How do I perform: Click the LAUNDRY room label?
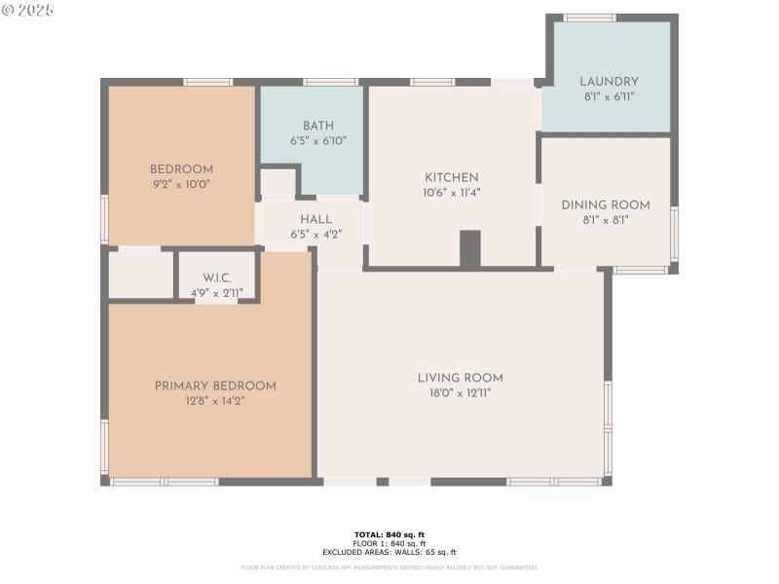pos(609,82)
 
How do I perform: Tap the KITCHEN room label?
pos(451,178)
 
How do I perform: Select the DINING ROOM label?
pos(605,205)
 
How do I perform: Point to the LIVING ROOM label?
pos(460,379)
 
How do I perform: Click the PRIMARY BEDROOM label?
pos(215,386)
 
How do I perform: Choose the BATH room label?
pos(317,127)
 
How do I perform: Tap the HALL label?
pos(315,220)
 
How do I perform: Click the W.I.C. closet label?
pos(217,278)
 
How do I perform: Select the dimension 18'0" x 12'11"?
pos(460,393)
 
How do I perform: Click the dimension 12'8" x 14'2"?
pos(215,401)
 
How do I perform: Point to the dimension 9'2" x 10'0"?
pos(180,184)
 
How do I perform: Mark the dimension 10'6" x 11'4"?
pos(451,193)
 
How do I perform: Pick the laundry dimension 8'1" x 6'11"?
pos(609,96)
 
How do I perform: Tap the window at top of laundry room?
pos(589,18)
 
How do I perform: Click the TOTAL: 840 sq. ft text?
pos(389,534)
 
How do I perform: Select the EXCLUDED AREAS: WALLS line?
pos(389,552)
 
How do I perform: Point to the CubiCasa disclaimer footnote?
pos(389,567)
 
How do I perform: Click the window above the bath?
pos(330,82)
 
